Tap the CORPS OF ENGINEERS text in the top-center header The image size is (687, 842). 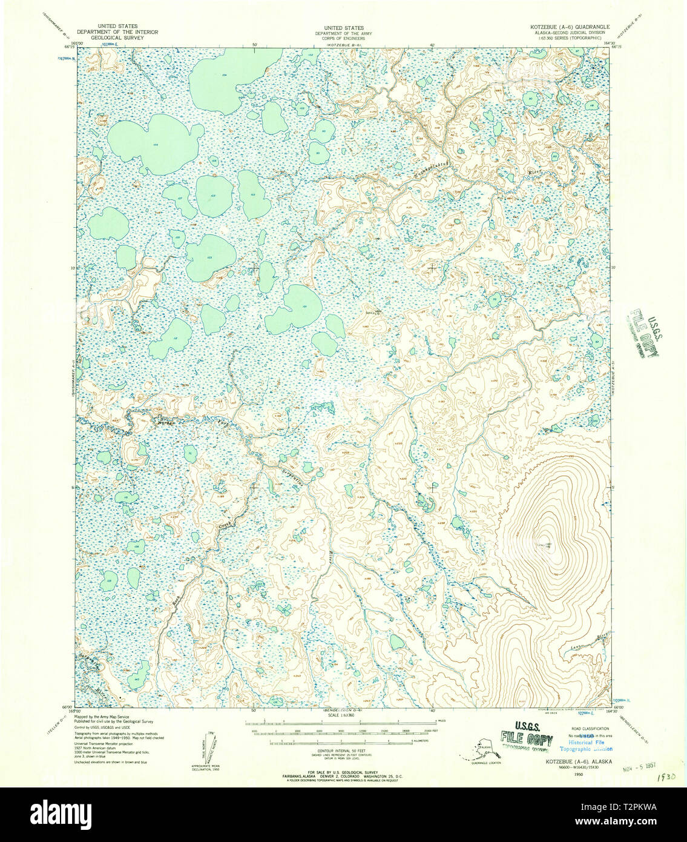pos(343,37)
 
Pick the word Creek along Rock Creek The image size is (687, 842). pos(226,526)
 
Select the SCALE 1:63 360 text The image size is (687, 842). pos(343,715)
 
